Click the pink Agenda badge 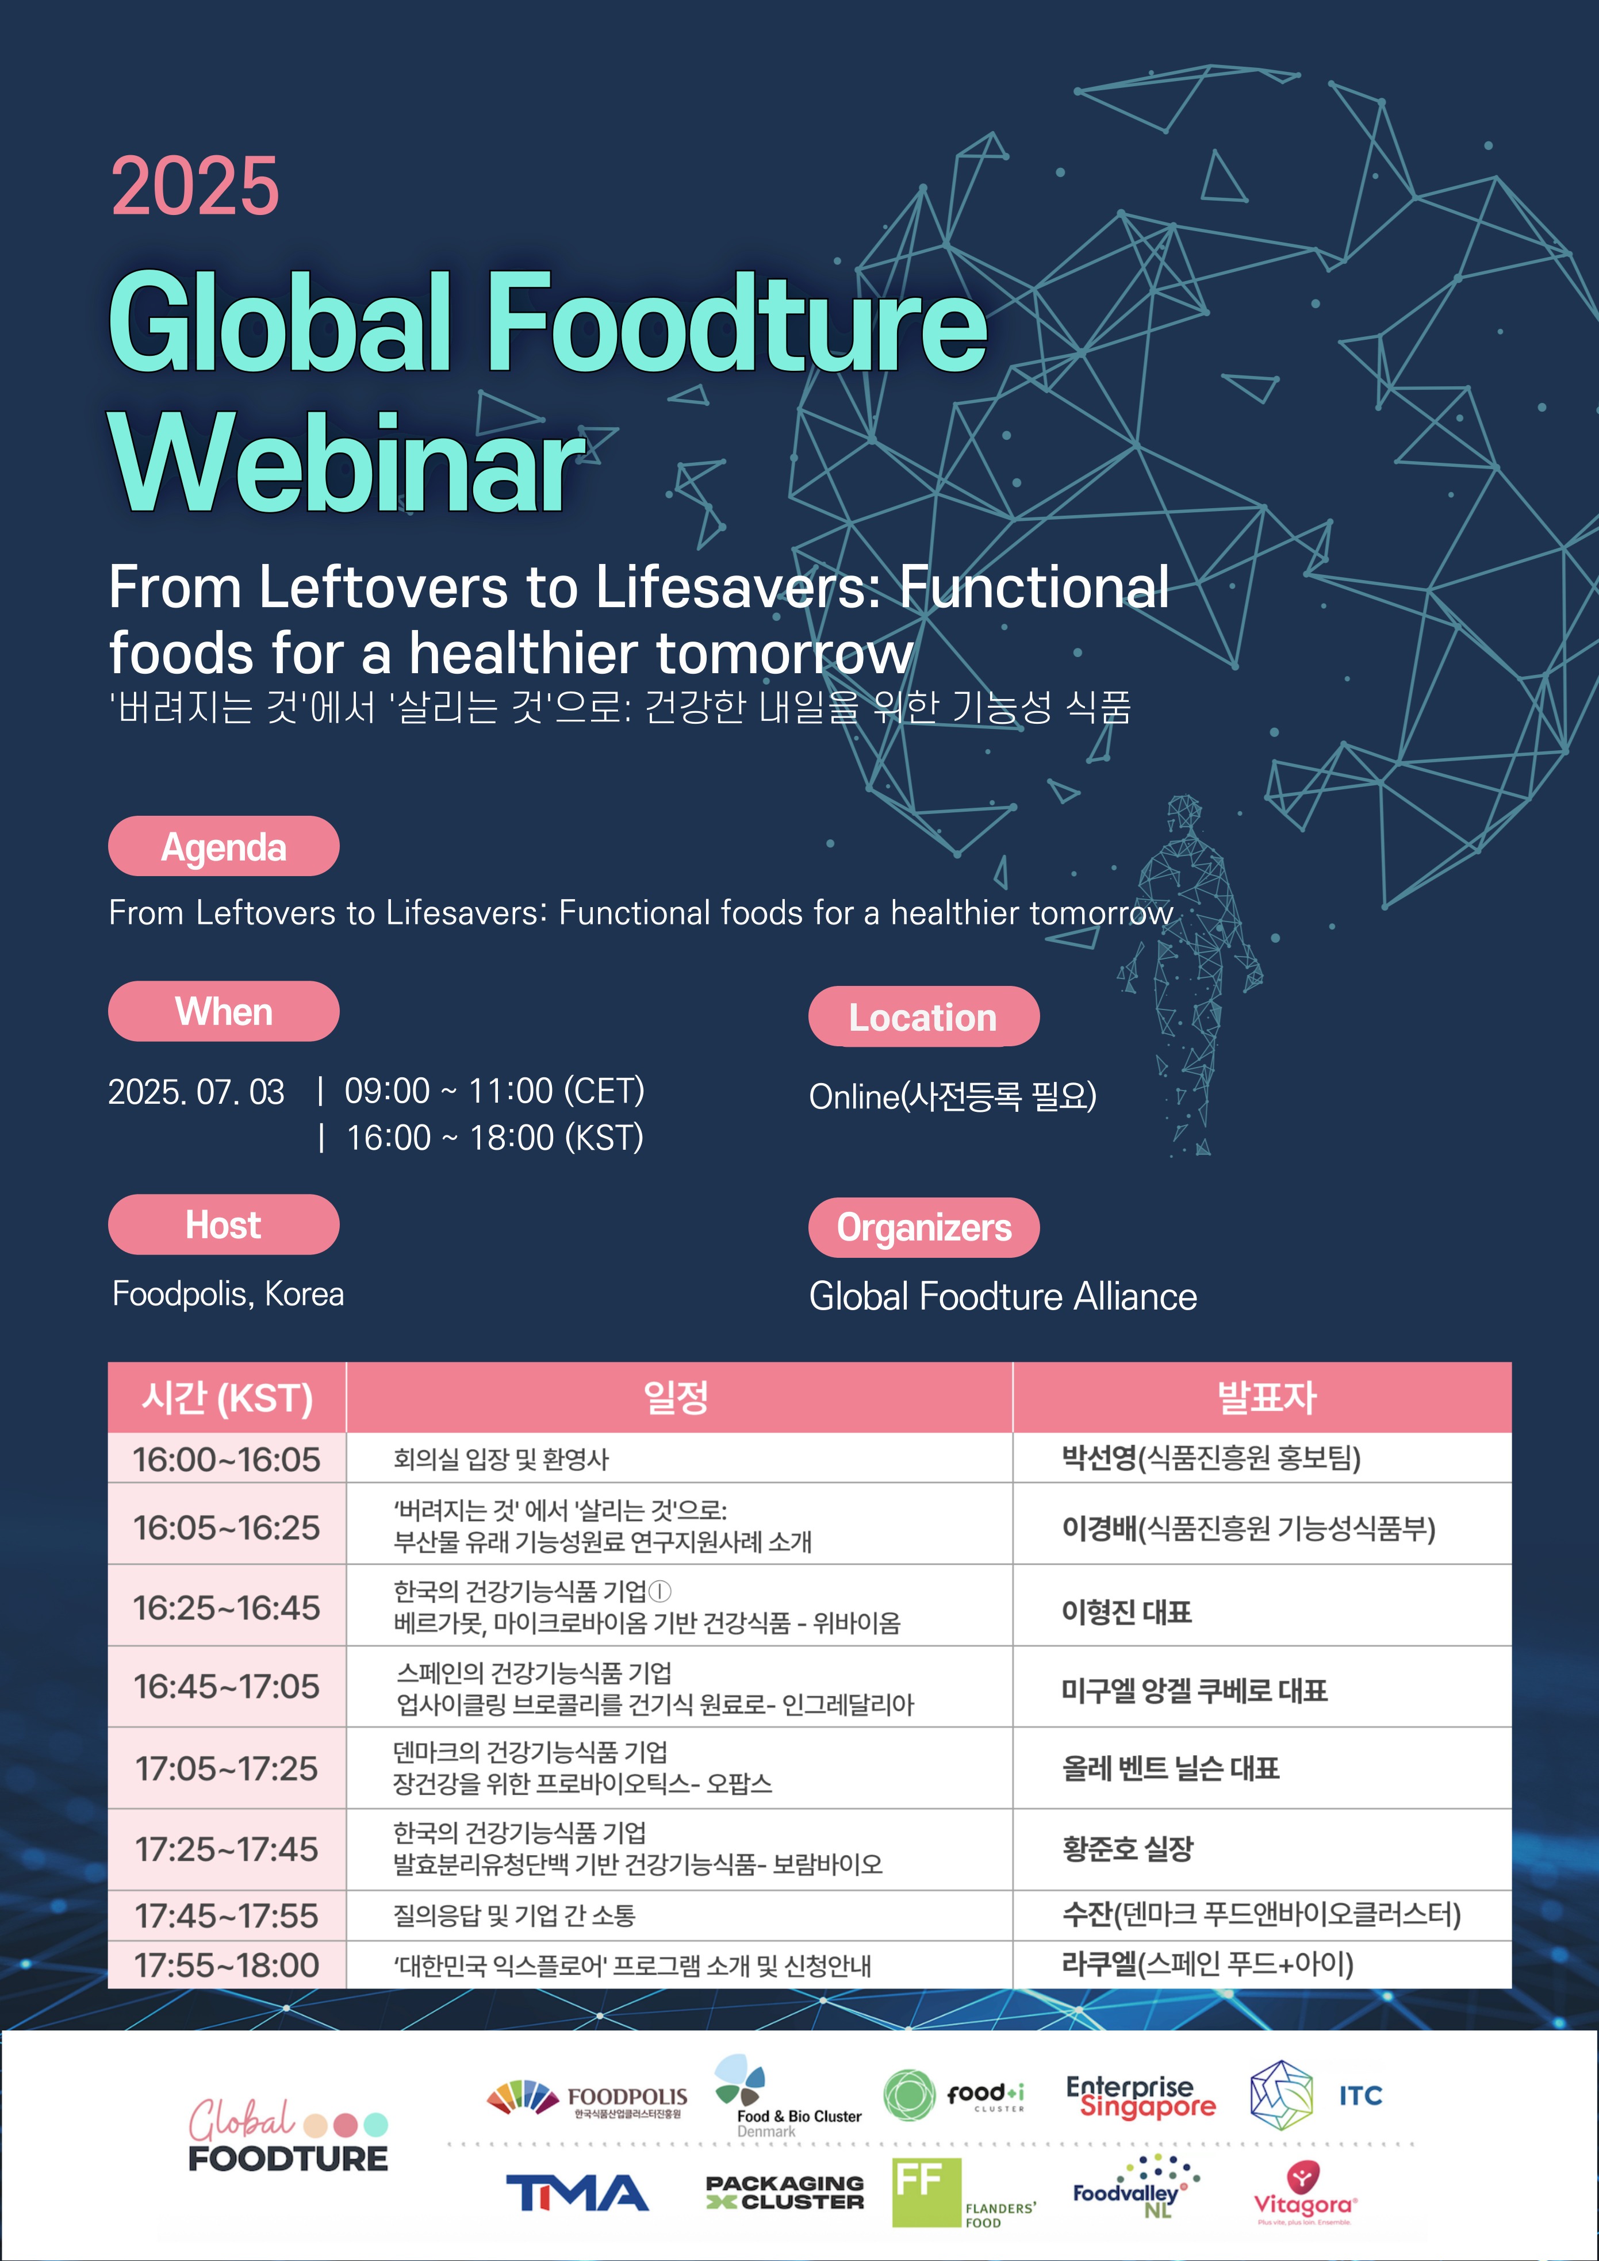[224, 846]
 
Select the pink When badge [224, 1011]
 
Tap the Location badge [923, 1016]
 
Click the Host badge [224, 1224]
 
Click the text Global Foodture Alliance [1003, 1296]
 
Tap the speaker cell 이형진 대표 [1127, 1611]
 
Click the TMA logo [577, 2193]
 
